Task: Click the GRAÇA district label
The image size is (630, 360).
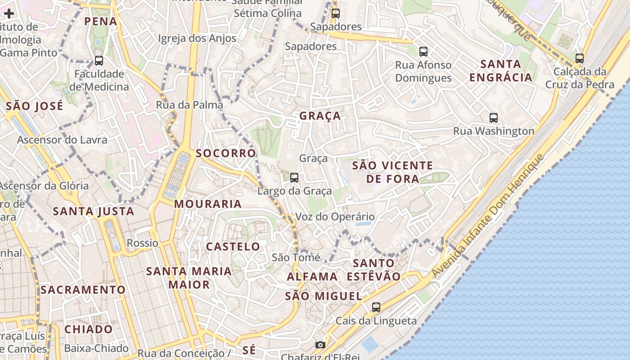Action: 320,116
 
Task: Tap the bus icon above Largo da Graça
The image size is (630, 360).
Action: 294,178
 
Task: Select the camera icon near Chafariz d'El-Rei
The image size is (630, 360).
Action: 320,345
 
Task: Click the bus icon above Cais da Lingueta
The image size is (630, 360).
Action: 376,307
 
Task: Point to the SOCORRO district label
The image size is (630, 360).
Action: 226,153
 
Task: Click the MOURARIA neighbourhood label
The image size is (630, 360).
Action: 208,204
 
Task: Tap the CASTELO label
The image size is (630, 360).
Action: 233,247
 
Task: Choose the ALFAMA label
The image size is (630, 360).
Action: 312,276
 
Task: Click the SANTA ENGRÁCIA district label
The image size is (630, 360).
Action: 501,71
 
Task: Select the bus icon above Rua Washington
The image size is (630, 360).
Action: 494,118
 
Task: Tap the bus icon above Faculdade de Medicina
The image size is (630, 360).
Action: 99,60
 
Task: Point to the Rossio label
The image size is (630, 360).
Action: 143,243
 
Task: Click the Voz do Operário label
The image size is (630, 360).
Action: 335,217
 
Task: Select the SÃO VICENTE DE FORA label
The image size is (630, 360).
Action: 392,172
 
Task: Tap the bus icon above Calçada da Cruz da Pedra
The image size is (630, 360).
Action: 580,58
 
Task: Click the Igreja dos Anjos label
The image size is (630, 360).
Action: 197,38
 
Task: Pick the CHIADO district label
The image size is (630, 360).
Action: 88,329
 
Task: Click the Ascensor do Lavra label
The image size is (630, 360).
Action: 62,139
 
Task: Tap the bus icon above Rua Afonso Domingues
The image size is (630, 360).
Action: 423,52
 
